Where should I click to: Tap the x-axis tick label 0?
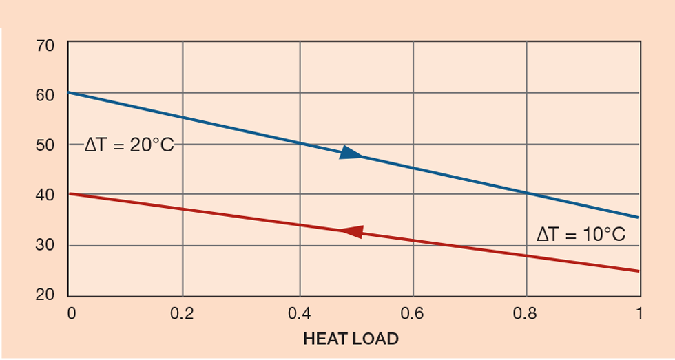click(x=72, y=314)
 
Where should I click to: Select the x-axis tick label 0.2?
click(x=183, y=314)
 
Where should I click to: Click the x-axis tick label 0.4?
click(x=298, y=314)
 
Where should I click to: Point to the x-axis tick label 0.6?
click(x=413, y=314)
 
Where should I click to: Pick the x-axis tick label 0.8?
click(x=526, y=314)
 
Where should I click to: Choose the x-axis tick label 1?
click(x=638, y=314)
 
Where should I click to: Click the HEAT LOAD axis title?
click(x=351, y=339)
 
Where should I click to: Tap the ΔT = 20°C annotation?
click(x=129, y=145)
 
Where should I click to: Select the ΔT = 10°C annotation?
click(x=581, y=235)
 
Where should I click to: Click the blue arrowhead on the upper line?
click(x=351, y=153)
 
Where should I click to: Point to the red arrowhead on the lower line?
click(x=352, y=231)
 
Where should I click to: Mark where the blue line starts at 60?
click(x=68, y=92)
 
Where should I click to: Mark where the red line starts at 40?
click(x=68, y=193)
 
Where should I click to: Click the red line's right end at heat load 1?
click(x=639, y=271)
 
